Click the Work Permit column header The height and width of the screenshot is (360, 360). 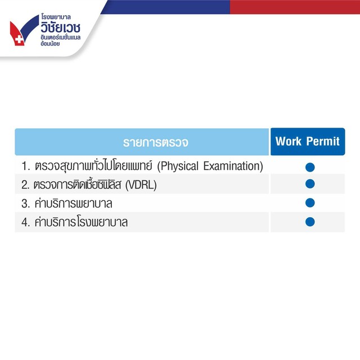click(308, 141)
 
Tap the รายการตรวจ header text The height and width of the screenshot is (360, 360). click(156, 142)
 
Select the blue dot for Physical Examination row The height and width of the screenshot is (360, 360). click(310, 167)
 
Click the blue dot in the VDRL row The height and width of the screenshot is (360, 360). click(310, 184)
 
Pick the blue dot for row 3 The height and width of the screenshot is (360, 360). click(310, 202)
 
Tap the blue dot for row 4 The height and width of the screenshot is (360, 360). click(310, 222)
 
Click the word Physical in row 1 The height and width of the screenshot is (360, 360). click(178, 166)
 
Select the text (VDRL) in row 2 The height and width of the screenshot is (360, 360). click(141, 185)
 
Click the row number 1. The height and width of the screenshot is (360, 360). click(25, 166)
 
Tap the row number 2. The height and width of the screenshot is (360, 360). click(25, 185)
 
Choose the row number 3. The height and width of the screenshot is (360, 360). click(25, 204)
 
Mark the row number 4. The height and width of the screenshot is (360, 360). click(25, 222)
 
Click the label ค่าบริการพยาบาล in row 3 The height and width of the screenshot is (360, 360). click(74, 203)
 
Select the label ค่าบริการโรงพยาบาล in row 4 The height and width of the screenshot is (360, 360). click(81, 222)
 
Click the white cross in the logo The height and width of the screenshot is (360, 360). click(19, 39)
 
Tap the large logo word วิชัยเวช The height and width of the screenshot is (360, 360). click(61, 27)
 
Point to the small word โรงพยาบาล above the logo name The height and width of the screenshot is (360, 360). click(56, 17)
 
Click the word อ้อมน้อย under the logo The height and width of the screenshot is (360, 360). click(50, 44)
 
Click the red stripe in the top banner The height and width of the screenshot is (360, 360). click(295, 7)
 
